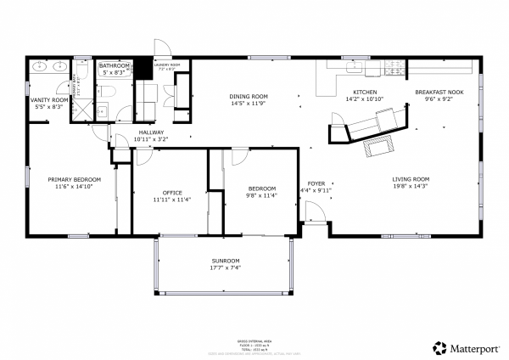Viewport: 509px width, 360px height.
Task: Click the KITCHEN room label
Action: (365, 92)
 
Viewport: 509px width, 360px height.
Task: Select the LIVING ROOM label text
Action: (411, 179)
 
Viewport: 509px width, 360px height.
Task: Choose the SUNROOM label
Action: (226, 260)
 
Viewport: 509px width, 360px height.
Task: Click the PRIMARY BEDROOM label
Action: (75, 179)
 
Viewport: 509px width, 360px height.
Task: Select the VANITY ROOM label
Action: (47, 100)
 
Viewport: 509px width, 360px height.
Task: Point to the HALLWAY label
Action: (153, 132)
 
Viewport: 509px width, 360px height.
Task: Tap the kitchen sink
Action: (353, 65)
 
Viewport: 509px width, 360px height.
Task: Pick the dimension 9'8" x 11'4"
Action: (261, 196)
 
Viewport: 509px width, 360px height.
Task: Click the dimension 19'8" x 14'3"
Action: (411, 187)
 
